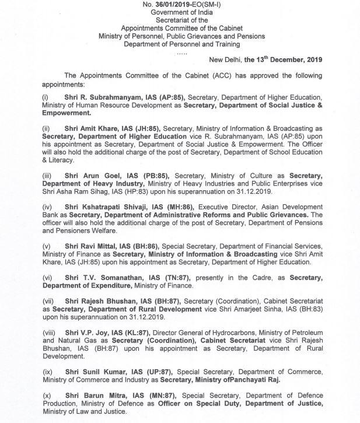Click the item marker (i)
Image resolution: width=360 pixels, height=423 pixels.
click(44, 97)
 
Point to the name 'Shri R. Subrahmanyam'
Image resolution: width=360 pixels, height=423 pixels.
click(95, 97)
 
